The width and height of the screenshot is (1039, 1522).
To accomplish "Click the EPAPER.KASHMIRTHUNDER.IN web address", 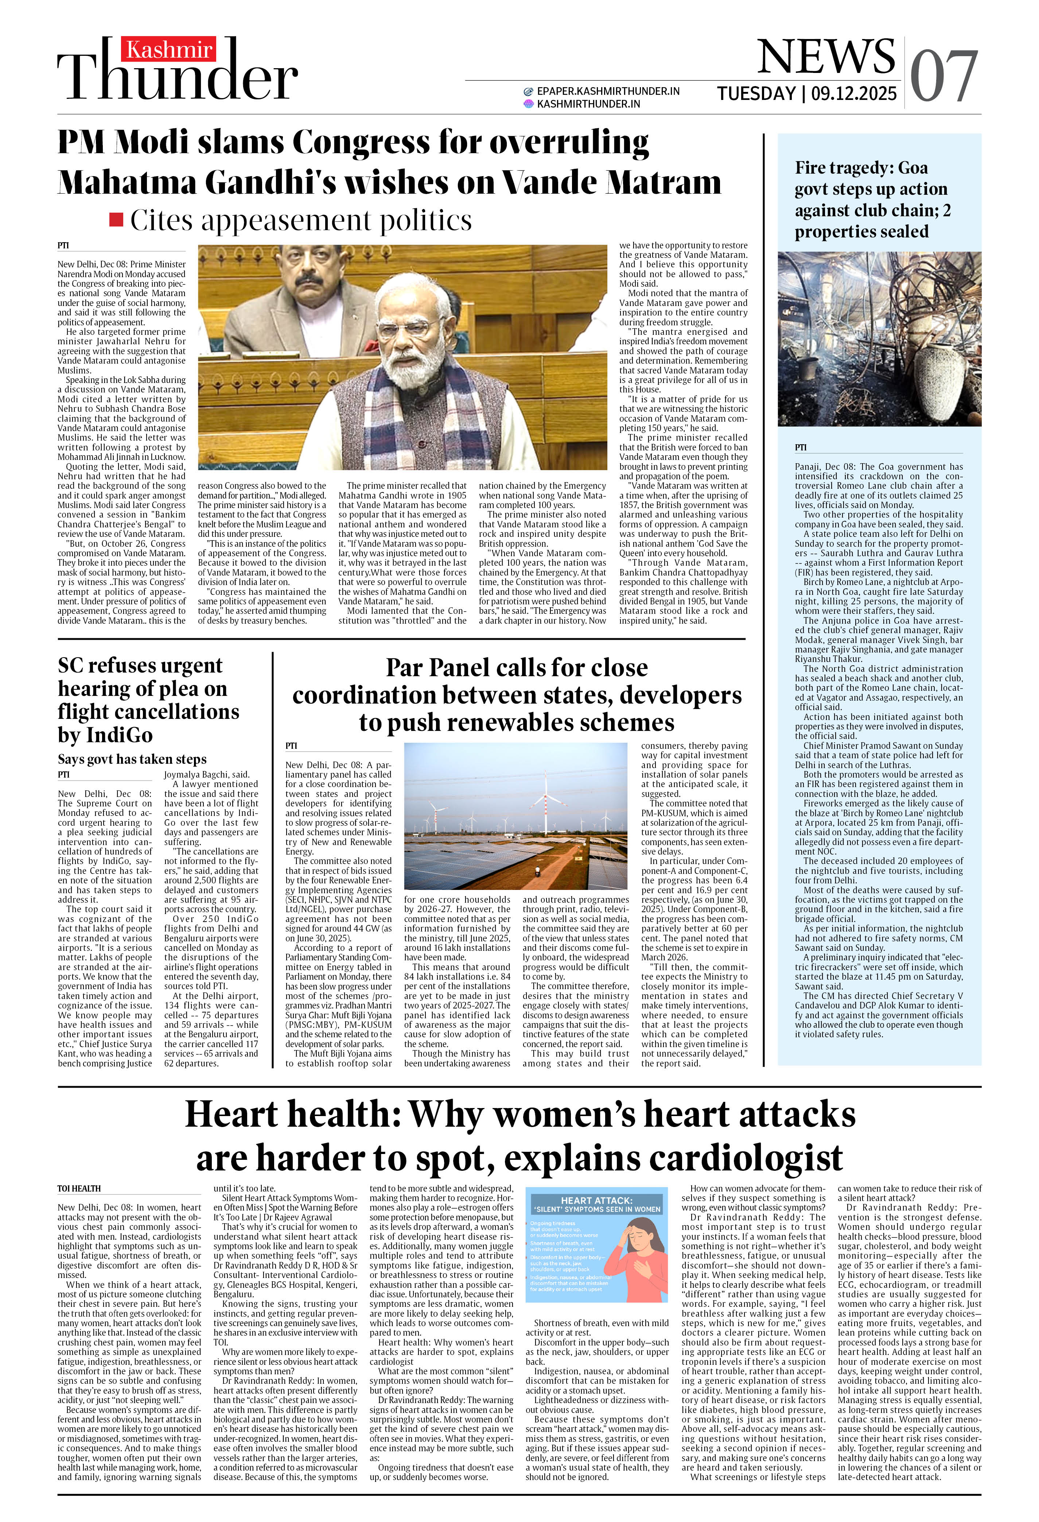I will tap(608, 91).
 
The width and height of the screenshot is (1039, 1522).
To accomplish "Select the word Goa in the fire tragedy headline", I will tap(912, 168).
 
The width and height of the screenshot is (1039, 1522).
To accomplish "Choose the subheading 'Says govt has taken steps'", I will tap(132, 759).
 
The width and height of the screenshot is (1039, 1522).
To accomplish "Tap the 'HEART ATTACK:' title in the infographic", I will tap(596, 1200).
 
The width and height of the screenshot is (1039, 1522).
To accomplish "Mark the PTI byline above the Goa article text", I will tap(801, 447).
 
